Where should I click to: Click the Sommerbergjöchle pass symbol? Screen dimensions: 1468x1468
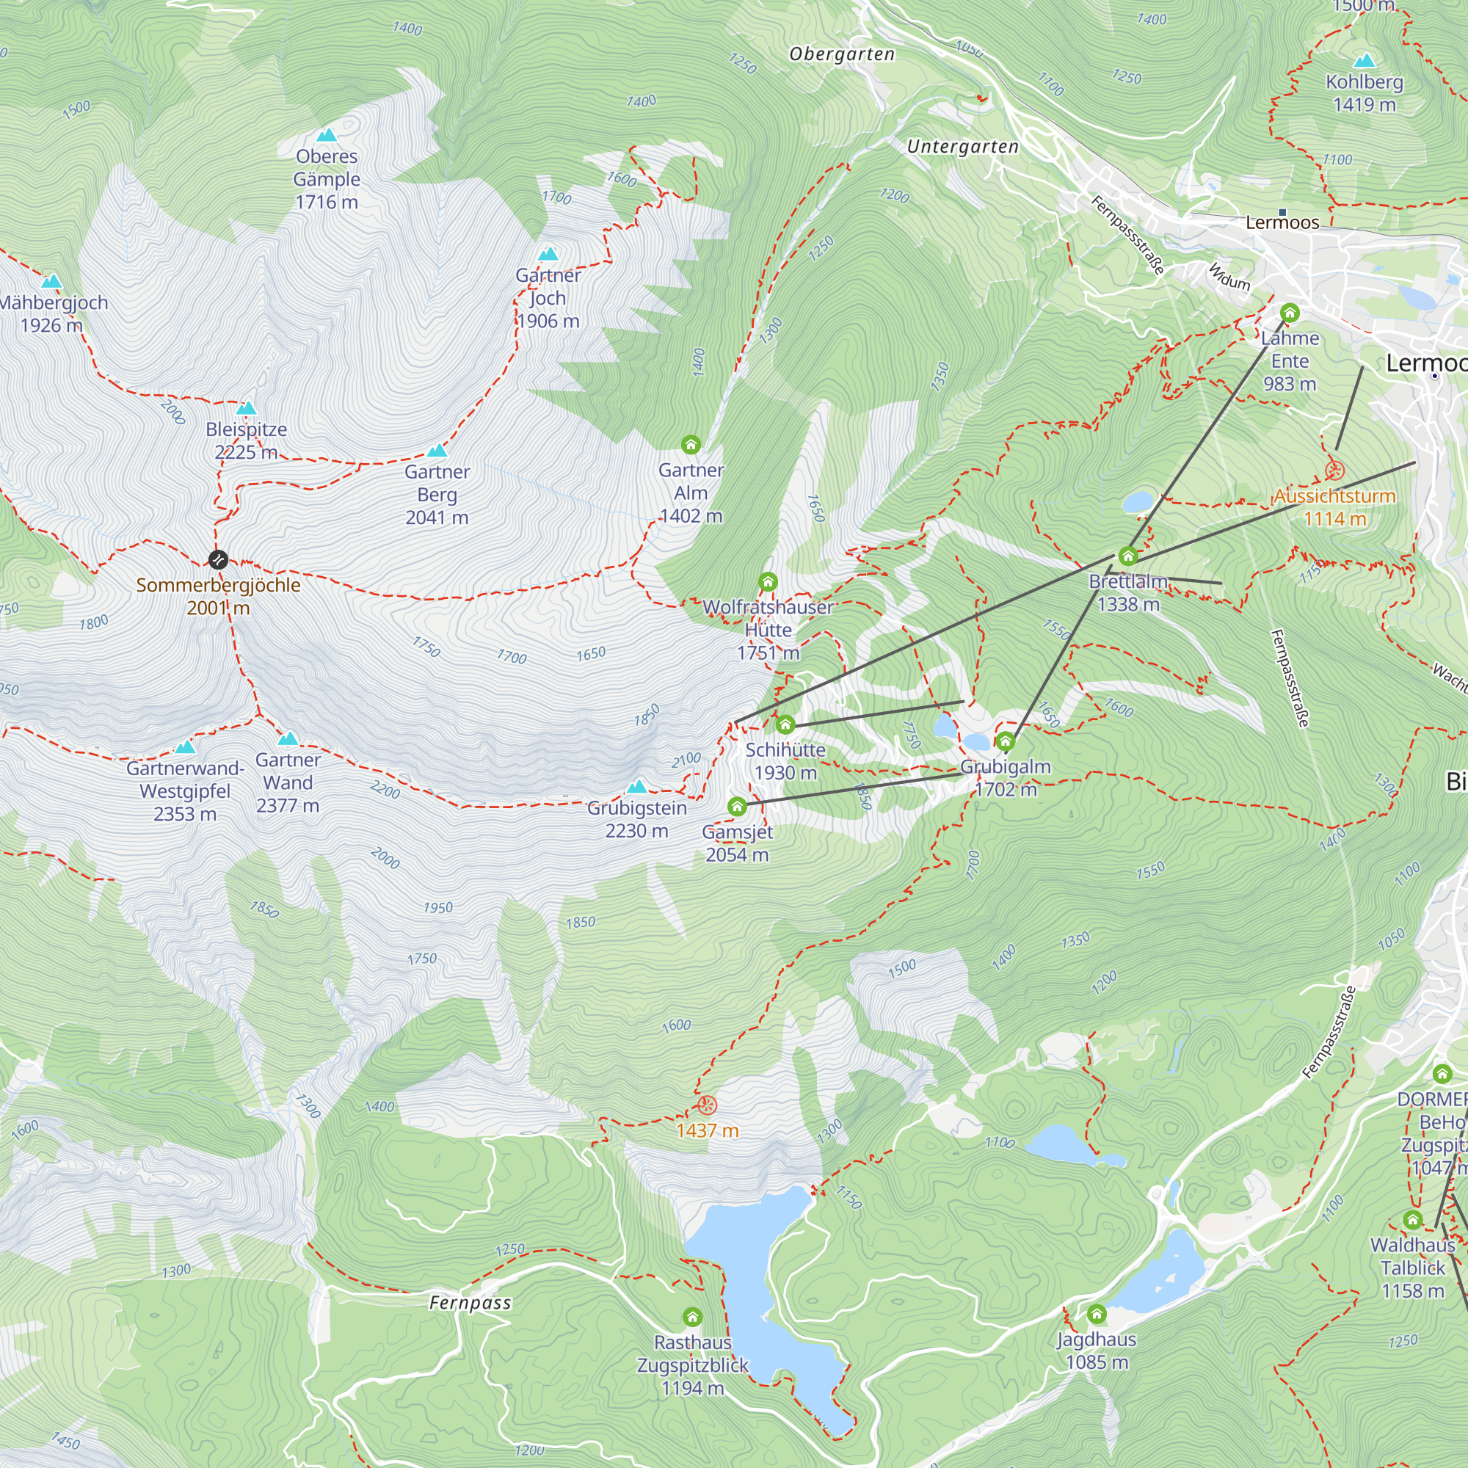tap(218, 560)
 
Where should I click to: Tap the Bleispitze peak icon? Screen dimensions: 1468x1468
tap(246, 408)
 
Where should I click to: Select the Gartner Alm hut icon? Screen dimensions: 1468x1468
tap(691, 444)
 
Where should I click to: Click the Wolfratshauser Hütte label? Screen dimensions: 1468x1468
tap(768, 629)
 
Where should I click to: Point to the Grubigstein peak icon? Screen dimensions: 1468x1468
tap(636, 785)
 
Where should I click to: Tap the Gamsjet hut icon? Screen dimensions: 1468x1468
tap(737, 806)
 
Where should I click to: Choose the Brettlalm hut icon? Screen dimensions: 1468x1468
tap(1128, 556)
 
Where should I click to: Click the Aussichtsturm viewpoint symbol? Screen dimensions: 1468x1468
tap(1335, 471)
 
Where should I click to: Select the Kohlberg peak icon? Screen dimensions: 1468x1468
tap(1365, 60)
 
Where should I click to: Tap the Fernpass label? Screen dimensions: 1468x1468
tap(470, 1303)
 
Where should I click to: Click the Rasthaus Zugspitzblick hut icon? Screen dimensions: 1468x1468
tap(692, 1316)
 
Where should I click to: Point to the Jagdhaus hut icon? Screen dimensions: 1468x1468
tap(1097, 1314)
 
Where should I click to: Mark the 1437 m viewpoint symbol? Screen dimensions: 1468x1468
tap(708, 1105)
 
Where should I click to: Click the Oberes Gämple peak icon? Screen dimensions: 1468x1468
tap(327, 135)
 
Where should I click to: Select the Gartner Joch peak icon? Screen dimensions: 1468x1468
tap(548, 254)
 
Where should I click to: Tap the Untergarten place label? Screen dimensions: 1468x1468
tap(963, 147)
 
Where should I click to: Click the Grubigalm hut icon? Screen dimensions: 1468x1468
tap(1006, 741)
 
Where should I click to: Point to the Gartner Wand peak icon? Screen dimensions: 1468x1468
tap(288, 738)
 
